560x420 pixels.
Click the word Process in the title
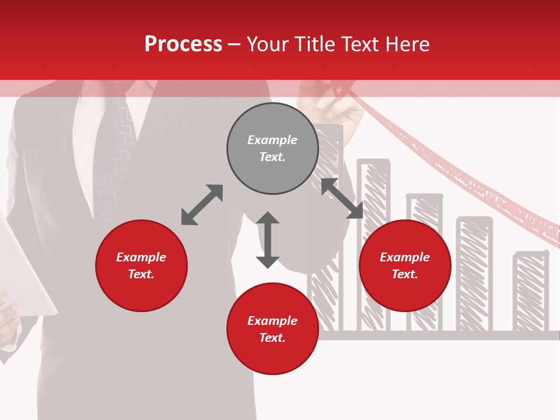pyautogui.click(x=183, y=44)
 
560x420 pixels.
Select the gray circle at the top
pyautogui.click(x=272, y=123)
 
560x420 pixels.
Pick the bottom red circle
pyautogui.click(x=272, y=356)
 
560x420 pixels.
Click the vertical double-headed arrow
pyautogui.click(x=268, y=240)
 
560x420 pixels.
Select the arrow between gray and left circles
pyautogui.click(x=202, y=205)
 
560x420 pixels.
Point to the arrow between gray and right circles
pyautogui.click(x=342, y=198)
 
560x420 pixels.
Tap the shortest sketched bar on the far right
pyautogui.click(x=531, y=292)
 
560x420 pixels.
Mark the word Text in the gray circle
pyautogui.click(x=272, y=157)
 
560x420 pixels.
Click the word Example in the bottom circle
pyautogui.click(x=272, y=320)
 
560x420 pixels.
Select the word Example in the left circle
pyautogui.click(x=141, y=257)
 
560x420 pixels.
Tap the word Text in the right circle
pyautogui.click(x=405, y=274)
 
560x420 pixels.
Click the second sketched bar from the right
pyautogui.click(x=474, y=274)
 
